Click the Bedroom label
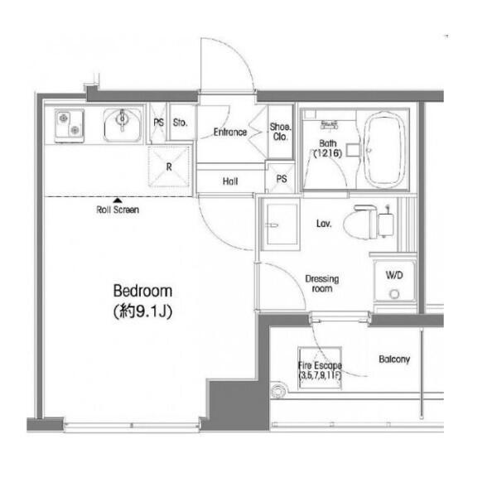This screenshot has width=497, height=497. tap(142, 291)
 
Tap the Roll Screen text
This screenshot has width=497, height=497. tap(118, 210)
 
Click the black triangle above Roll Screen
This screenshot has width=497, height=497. tap(118, 200)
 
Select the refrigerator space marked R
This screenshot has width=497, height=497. tap(169, 166)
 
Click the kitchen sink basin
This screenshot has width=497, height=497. tap(123, 126)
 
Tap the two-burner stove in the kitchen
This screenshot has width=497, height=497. tap(70, 126)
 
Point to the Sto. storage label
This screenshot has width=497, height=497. tap(180, 123)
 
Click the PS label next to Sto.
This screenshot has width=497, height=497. tap(158, 123)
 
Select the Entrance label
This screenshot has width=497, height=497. tap(230, 133)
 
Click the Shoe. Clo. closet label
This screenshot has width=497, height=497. tap(281, 132)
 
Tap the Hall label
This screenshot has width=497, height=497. tap(230, 181)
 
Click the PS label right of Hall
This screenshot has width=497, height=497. tap(282, 179)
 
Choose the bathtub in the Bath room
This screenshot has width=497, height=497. tap(384, 149)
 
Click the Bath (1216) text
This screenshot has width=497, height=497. tap(328, 148)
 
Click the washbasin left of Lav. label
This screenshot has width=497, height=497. tap(280, 224)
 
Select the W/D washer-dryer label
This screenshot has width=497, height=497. tap(394, 275)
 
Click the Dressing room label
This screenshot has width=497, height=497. tap(322, 283)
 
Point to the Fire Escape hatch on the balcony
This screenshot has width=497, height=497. tap(320, 368)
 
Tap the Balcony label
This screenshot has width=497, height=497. tap(394, 359)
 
